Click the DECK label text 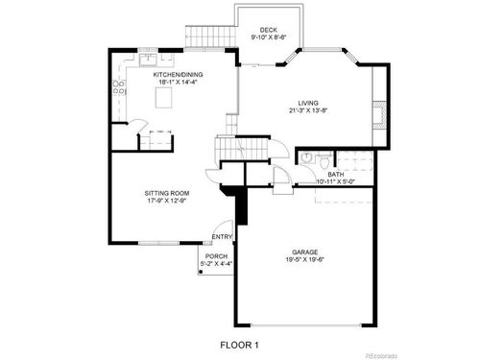coord(268,30)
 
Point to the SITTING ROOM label coord(165,193)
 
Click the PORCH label coord(215,255)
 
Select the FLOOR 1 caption coord(239,344)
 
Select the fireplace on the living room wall coord(382,113)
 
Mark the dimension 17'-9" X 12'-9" coord(165,201)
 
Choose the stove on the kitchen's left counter coord(120,90)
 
